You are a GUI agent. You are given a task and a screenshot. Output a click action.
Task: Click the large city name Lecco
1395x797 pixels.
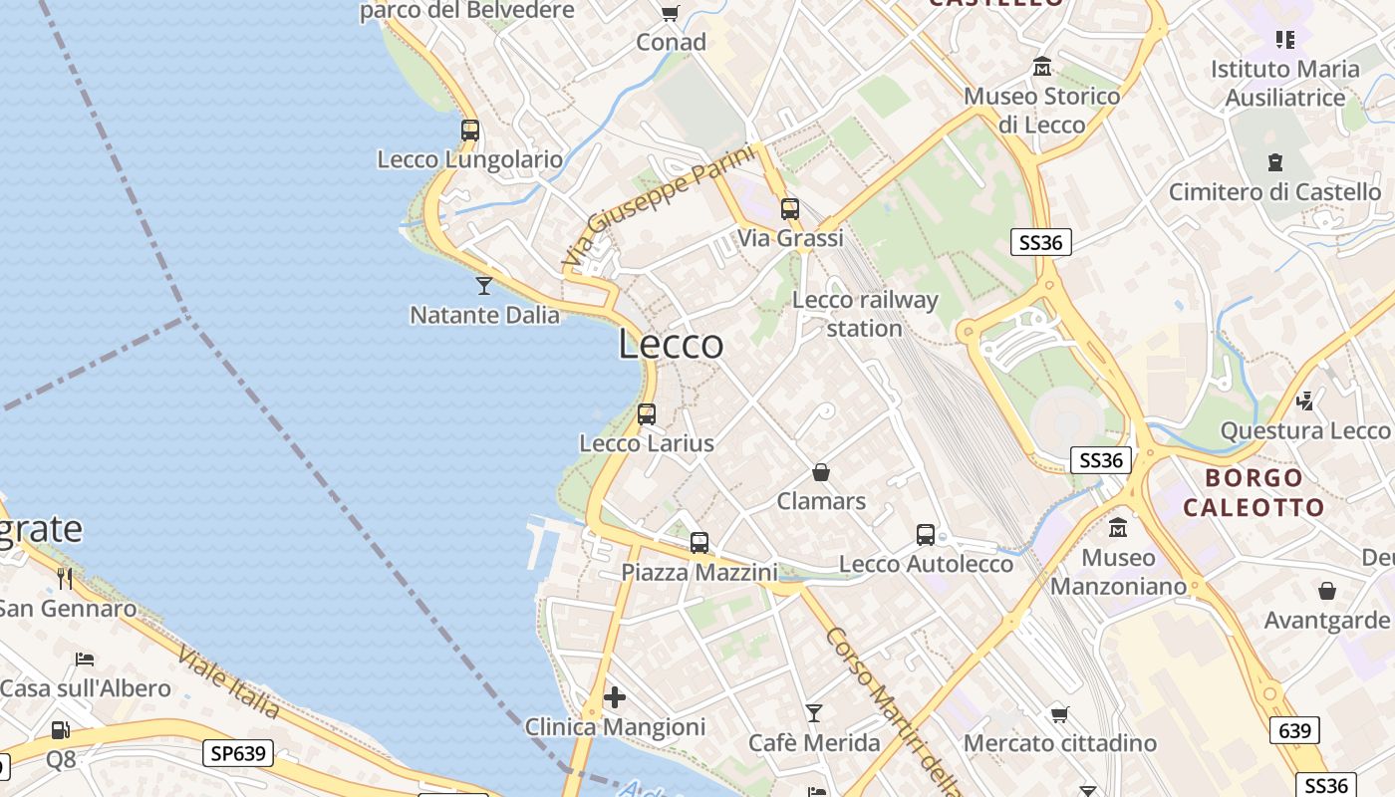pos(671,345)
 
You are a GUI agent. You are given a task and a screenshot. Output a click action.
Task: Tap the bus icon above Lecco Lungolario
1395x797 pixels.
pos(470,131)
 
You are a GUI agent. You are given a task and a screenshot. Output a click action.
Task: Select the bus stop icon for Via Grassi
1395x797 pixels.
pos(790,209)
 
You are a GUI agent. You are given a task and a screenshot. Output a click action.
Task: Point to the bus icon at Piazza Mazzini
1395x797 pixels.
pos(699,543)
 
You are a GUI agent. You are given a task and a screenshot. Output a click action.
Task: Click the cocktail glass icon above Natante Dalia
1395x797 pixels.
pos(484,286)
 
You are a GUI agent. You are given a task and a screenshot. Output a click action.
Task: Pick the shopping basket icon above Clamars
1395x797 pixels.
pos(821,472)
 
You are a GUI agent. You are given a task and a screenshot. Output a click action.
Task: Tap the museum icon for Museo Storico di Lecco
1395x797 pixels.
pos(1042,67)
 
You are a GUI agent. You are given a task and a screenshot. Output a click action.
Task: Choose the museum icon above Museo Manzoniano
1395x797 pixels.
pos(1118,527)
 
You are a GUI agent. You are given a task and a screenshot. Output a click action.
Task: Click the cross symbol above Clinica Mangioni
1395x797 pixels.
pos(615,697)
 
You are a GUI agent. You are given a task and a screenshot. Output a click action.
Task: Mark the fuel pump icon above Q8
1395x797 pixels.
pos(60,730)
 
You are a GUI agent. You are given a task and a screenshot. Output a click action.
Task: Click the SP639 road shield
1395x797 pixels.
pos(238,753)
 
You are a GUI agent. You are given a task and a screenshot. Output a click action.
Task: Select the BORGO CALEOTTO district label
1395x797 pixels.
pos(1254,492)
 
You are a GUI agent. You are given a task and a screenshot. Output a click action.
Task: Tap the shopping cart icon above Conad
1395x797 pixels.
pos(671,13)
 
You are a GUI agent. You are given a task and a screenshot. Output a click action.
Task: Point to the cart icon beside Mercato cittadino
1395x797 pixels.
pos(1059,714)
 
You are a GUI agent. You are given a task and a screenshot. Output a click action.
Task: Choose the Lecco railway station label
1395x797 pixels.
pos(865,314)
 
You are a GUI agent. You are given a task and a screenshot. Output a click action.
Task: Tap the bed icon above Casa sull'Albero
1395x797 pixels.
pos(85,660)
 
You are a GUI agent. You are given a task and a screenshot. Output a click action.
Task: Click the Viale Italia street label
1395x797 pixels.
pos(229,682)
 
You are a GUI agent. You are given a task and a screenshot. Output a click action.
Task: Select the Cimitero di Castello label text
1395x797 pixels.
pos(1274,191)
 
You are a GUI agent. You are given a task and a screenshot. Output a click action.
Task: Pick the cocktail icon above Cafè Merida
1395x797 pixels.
pos(814,713)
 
